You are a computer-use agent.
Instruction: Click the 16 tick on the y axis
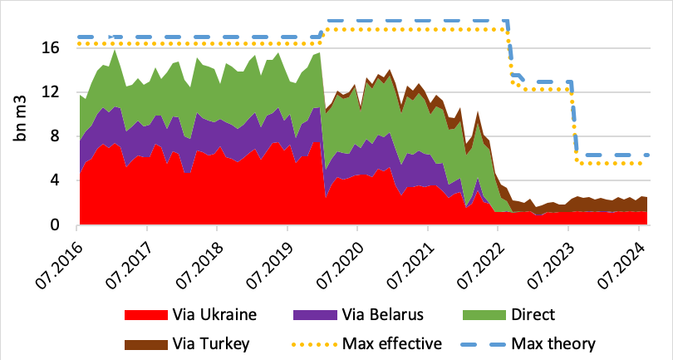52,48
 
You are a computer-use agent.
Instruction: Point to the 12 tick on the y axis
52,92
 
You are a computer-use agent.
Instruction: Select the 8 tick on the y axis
56,136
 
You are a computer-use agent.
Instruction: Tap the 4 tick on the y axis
56,180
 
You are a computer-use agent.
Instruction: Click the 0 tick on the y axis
56,224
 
